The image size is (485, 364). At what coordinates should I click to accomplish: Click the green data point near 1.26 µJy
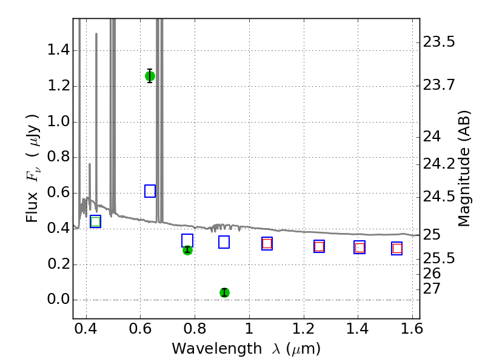(x=150, y=76)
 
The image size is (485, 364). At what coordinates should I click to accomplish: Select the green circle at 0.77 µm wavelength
(x=187, y=250)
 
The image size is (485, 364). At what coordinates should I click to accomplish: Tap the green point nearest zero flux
(x=224, y=292)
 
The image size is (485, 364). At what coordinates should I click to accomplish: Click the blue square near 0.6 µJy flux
(x=150, y=191)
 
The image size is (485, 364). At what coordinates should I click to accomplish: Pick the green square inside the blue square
(x=96, y=221)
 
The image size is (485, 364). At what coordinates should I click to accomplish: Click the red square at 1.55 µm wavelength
(x=397, y=248)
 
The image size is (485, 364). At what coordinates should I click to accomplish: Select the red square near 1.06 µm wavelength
(x=267, y=244)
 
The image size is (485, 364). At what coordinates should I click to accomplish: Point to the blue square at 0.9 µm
(x=224, y=242)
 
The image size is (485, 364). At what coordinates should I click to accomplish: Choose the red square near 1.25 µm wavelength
(x=319, y=246)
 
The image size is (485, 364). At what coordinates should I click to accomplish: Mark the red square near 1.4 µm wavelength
(x=360, y=248)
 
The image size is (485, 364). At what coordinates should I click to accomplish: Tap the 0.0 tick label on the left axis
(x=58, y=299)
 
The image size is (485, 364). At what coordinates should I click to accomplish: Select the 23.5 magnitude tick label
(x=439, y=42)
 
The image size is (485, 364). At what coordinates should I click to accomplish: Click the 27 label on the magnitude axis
(x=432, y=289)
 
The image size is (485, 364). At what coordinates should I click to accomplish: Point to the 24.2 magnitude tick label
(x=439, y=164)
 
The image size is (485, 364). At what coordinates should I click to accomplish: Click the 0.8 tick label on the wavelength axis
(x=195, y=328)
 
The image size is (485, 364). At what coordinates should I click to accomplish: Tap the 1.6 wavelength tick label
(x=412, y=328)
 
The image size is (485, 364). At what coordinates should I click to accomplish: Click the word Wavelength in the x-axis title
(x=217, y=348)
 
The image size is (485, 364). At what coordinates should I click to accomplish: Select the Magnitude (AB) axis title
(x=464, y=169)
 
